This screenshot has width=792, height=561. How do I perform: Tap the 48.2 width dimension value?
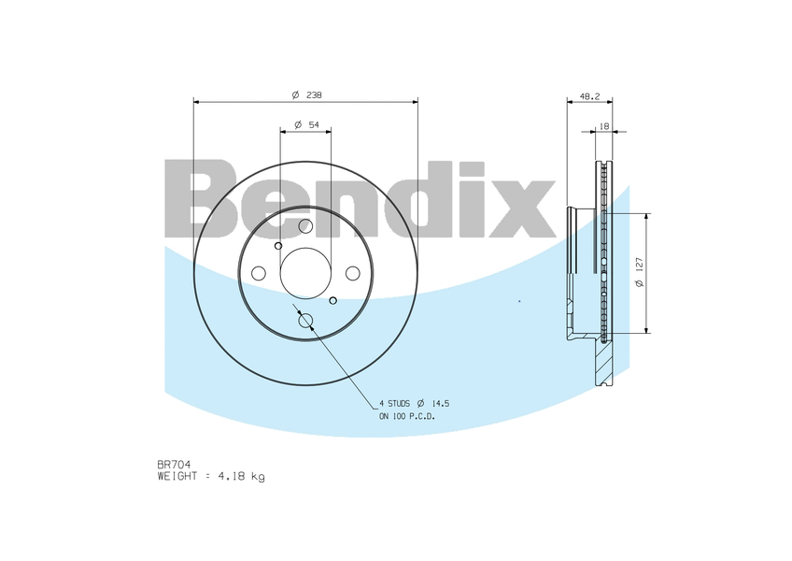click(x=589, y=95)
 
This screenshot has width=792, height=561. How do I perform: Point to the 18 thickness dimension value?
click(x=604, y=125)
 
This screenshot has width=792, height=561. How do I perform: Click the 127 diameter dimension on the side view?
click(x=639, y=272)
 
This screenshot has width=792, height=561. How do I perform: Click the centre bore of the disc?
click(x=305, y=273)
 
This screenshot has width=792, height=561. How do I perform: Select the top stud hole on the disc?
click(x=305, y=226)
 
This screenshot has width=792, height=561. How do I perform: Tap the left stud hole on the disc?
click(x=259, y=273)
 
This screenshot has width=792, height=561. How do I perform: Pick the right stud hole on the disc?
click(x=352, y=273)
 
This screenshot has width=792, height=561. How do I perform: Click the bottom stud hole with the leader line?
click(x=305, y=321)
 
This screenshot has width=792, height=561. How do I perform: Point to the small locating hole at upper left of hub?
click(x=278, y=245)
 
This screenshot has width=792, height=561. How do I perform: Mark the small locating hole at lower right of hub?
click(x=333, y=300)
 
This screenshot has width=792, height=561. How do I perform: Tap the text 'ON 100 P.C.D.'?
click(x=406, y=416)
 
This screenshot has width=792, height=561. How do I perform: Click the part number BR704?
click(x=174, y=465)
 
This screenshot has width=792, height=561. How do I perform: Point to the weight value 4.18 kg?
click(x=241, y=477)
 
